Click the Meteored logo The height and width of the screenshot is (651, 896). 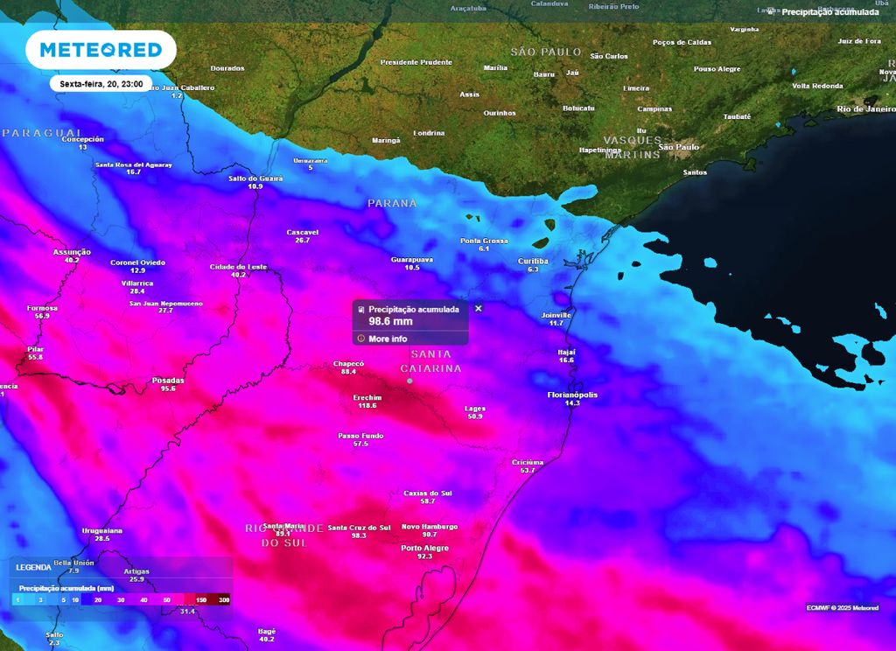[101, 50]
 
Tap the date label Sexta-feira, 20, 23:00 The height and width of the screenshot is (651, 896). [101, 84]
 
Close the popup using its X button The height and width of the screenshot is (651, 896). [479, 308]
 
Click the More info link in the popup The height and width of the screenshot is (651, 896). [387, 339]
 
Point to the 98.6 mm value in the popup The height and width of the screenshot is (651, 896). [390, 321]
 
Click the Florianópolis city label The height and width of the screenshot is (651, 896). [572, 395]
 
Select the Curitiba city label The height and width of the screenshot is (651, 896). [533, 261]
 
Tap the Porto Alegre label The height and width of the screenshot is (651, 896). [424, 548]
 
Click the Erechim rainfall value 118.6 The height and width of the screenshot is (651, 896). [367, 405]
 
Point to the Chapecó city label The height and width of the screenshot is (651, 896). [348, 363]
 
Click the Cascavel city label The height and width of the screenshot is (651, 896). [303, 232]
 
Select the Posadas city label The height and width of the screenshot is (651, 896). [168, 380]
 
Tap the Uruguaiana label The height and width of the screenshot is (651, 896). [101, 530]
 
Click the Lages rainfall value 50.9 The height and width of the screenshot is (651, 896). [475, 416]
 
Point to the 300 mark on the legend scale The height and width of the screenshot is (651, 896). [224, 600]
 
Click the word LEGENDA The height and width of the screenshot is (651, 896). [33, 567]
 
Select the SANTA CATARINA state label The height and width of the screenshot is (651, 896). [430, 361]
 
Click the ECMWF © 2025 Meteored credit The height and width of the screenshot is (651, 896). [843, 607]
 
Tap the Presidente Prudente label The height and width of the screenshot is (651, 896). [416, 62]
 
